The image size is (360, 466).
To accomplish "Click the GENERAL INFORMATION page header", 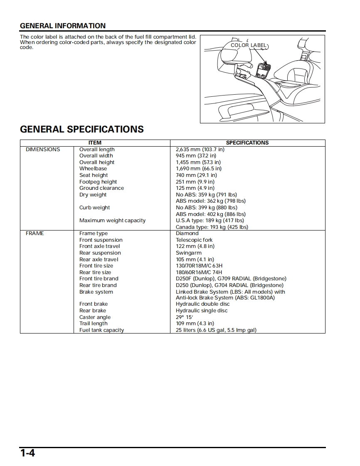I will [63, 26].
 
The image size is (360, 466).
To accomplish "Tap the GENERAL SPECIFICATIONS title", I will [82, 129].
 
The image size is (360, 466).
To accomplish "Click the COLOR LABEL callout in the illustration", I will [249, 45].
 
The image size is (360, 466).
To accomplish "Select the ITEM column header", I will [95, 143].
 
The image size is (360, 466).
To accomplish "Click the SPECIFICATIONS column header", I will [247, 143].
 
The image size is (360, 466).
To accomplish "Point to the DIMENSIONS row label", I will [43, 150].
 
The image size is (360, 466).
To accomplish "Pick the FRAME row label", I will [35, 233].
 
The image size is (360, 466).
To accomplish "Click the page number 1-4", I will [28, 453].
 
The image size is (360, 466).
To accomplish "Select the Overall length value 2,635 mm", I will [200, 150].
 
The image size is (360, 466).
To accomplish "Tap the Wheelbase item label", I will [93, 169].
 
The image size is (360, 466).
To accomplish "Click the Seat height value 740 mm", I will [196, 175].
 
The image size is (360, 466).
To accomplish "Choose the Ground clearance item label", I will [101, 188].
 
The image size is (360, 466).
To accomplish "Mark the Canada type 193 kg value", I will [212, 227].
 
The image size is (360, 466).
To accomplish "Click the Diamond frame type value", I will [187, 233].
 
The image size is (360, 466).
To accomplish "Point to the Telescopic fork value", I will [194, 240].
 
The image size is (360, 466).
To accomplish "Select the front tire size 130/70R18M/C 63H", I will [199, 266].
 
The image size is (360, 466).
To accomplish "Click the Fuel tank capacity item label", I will [101, 330].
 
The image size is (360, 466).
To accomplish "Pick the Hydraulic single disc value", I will [202, 311].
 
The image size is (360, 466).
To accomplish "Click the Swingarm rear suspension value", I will [189, 253].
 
